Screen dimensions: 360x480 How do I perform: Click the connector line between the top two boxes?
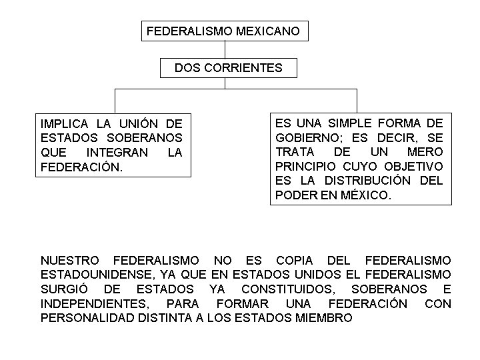click(x=226, y=49)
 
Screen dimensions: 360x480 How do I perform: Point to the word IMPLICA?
click(x=65, y=124)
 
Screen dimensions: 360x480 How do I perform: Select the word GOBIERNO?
click(x=305, y=138)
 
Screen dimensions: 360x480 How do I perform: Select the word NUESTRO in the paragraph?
click(x=70, y=260)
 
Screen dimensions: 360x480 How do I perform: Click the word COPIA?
click(x=293, y=260)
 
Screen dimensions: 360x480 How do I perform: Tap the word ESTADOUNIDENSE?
click(x=91, y=275)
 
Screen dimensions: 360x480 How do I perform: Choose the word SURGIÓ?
click(x=65, y=289)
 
